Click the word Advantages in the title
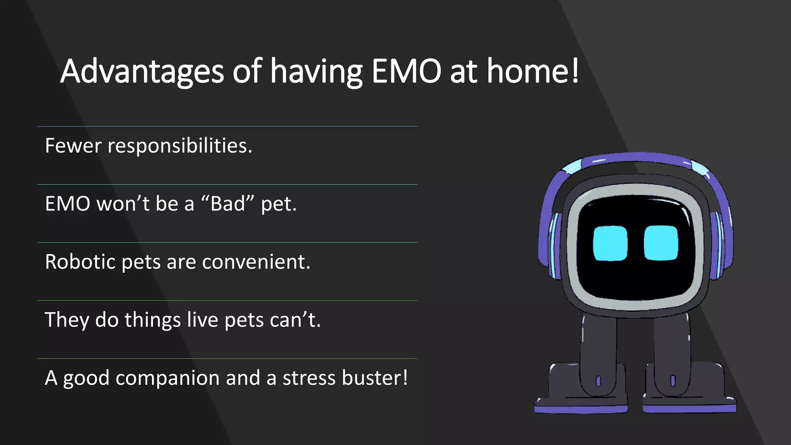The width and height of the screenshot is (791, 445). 142,71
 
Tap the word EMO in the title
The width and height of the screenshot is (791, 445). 406,71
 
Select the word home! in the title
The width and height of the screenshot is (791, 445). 533,71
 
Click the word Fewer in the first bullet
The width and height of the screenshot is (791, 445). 73,146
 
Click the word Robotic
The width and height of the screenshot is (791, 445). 80,262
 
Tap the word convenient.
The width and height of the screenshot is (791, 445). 256,262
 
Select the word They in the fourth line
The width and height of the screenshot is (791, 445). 66,320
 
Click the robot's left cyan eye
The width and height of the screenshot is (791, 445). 610,244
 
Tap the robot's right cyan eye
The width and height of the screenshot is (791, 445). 661,243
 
